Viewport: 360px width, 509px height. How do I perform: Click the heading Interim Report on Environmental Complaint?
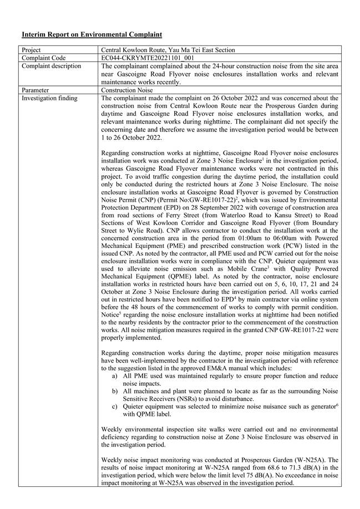92,34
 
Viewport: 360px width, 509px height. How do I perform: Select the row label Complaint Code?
44,58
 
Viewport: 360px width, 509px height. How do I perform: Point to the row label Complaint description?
51,66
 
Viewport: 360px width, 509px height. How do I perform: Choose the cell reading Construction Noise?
127,90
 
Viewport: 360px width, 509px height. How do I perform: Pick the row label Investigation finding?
50,98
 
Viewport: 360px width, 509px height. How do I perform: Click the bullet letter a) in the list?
114,375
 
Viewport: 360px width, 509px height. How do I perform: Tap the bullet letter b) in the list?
114,391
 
